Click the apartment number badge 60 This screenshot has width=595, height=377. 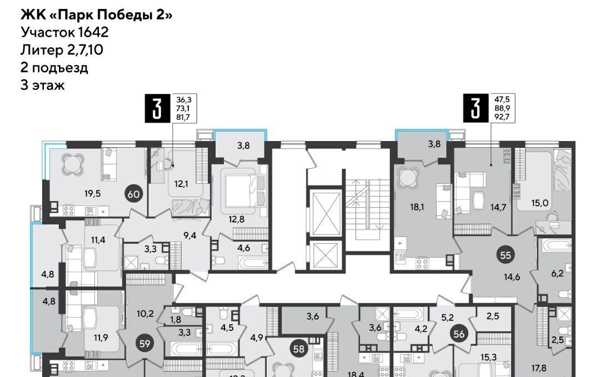tap(134, 194)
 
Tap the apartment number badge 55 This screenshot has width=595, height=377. tap(506, 255)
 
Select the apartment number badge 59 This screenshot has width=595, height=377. tap(145, 344)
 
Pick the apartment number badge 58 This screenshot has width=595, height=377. tap(299, 349)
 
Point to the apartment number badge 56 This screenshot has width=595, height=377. tap(459, 334)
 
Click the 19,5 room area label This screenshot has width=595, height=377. tap(93, 194)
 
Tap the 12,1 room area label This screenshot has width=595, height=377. tap(181, 185)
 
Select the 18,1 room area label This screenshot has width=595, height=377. tap(417, 207)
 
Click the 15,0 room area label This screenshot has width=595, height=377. tap(539, 203)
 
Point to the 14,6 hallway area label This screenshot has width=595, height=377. tap(512, 277)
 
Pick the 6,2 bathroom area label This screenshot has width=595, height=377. tap(557, 273)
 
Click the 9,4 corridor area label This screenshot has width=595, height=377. tap(190, 235)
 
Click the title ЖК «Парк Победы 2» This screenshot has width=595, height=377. tap(96, 15)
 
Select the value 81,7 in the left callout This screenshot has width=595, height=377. tap(184, 117)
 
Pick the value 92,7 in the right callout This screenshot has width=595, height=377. tap(502, 117)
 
